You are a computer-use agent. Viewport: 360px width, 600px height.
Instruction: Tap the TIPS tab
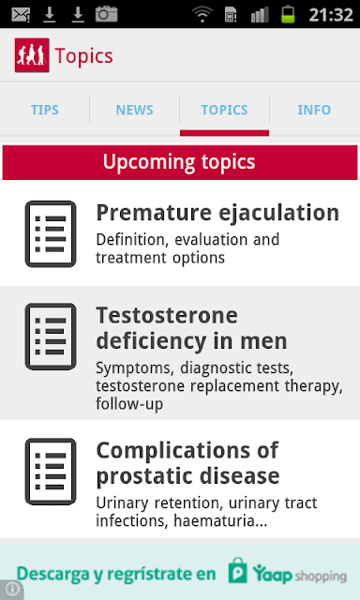45,111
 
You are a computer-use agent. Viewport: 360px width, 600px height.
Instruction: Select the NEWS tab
134,111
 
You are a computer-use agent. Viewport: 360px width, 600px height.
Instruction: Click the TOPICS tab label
224,111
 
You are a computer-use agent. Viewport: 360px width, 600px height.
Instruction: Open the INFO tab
314,111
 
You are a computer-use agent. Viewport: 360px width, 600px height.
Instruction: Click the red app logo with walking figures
32,55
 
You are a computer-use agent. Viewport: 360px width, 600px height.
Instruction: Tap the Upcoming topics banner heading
179,162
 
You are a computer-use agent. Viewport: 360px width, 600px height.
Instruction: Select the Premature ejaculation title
217,213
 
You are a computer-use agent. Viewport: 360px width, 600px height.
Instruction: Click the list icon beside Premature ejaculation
51,233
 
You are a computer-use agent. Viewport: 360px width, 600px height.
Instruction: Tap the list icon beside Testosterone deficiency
51,337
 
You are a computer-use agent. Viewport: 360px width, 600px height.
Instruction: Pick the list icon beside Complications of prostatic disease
51,472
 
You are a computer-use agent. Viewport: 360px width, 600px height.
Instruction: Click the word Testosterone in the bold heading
167,316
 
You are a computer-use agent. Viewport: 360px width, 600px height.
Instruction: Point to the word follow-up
129,404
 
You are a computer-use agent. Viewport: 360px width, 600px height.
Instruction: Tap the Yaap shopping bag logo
237,571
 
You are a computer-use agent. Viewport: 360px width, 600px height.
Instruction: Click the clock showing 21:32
331,15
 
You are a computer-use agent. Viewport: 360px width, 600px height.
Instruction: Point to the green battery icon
288,14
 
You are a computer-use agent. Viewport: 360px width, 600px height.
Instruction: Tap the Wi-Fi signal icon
202,15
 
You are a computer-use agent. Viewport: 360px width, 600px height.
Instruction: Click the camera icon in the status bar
106,14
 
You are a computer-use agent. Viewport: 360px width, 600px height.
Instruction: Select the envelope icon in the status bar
21,15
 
